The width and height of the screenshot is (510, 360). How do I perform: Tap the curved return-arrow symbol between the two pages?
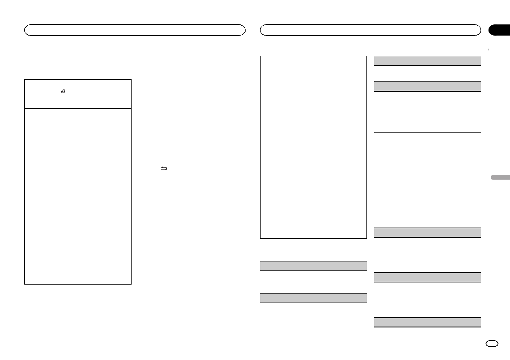click(x=164, y=169)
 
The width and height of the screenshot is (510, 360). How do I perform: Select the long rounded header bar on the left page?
click(x=135, y=30)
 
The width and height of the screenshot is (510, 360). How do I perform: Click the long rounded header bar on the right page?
click(x=370, y=30)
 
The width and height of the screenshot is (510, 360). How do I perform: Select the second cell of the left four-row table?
click(x=78, y=138)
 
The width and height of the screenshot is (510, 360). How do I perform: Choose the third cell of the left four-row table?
click(x=78, y=199)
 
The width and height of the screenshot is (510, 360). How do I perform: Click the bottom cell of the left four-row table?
click(x=78, y=257)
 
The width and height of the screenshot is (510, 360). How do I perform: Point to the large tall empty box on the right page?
click(x=314, y=147)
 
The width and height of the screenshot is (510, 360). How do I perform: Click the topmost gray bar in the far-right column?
click(x=427, y=60)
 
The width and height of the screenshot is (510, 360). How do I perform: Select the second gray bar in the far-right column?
click(x=427, y=86)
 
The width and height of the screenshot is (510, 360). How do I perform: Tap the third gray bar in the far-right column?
click(x=427, y=232)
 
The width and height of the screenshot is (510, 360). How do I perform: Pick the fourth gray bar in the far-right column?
click(x=427, y=277)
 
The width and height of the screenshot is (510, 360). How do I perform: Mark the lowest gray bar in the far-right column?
click(x=427, y=322)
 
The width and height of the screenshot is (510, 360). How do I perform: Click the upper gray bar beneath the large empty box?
click(x=314, y=266)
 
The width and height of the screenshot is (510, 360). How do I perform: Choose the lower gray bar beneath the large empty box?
click(x=314, y=298)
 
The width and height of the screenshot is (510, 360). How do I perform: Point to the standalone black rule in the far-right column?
click(x=427, y=133)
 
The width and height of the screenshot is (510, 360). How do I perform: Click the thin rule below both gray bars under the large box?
click(x=314, y=339)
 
